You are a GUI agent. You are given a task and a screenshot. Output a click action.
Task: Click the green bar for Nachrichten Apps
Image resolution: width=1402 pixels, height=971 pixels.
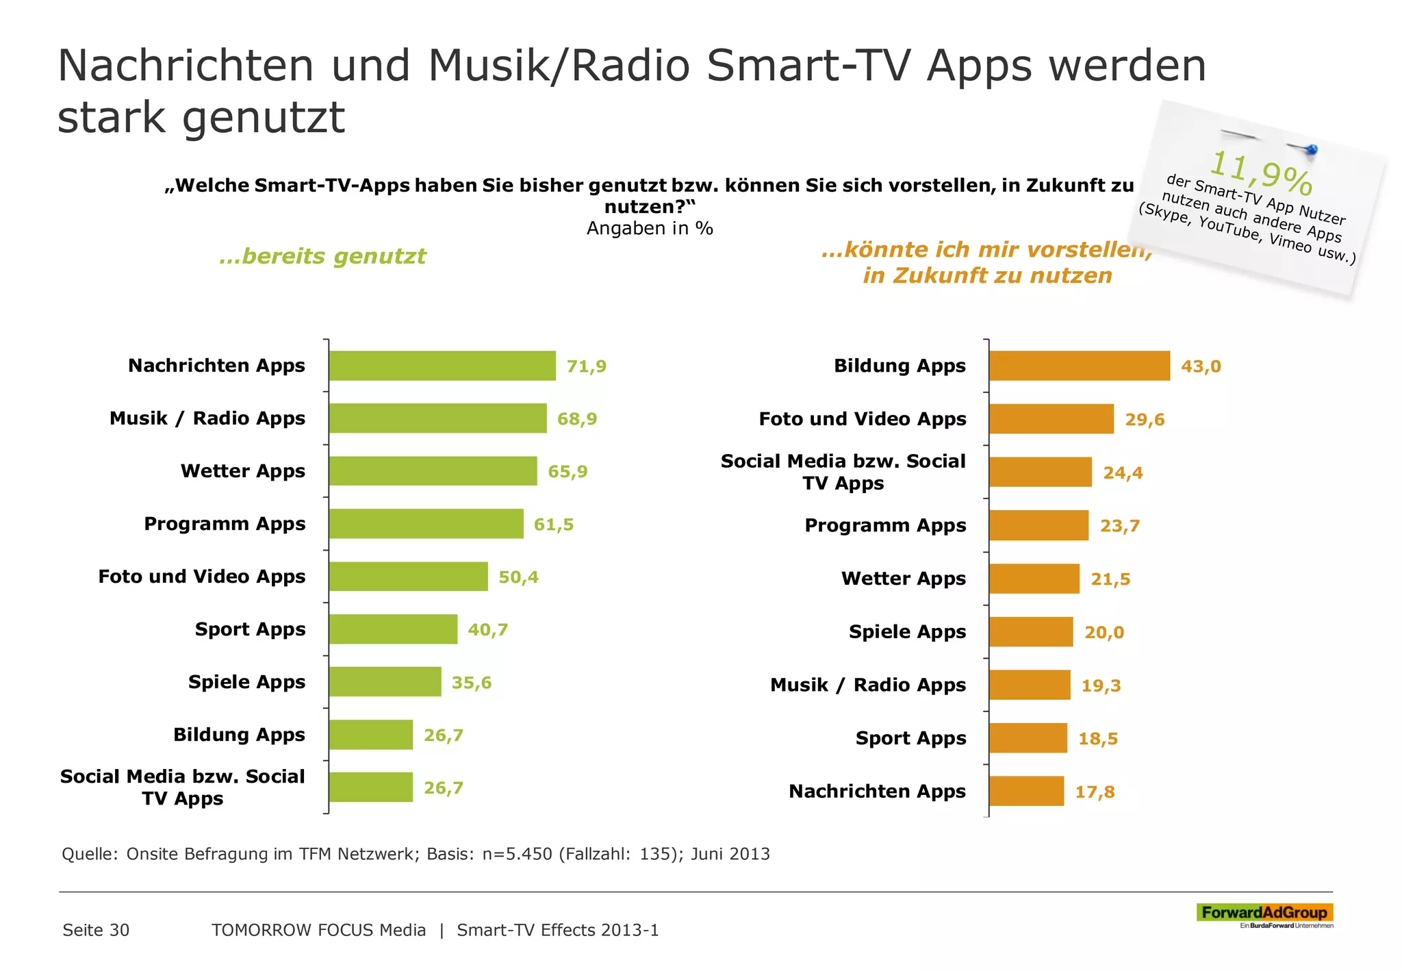tap(442, 366)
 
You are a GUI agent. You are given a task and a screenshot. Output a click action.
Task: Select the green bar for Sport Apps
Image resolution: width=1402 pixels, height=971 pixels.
tap(393, 629)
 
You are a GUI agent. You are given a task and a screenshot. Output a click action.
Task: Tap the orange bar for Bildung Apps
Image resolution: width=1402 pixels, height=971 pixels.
tap(1080, 366)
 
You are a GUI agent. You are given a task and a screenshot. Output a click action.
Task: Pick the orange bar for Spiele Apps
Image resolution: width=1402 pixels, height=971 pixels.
tap(1031, 632)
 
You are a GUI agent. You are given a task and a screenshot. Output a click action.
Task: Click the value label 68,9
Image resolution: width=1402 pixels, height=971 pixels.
tap(577, 419)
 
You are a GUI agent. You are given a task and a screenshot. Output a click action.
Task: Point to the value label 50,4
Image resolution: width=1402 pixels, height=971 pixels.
tap(518, 577)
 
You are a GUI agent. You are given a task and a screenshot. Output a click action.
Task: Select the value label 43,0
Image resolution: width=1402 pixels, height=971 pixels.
tap(1201, 366)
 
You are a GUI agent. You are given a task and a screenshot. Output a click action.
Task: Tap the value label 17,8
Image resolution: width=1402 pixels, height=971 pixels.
tap(1095, 792)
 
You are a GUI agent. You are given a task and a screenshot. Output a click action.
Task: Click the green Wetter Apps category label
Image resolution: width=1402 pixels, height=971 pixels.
tap(243, 471)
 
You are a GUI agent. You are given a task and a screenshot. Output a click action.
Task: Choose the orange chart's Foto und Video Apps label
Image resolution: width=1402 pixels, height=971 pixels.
tap(863, 419)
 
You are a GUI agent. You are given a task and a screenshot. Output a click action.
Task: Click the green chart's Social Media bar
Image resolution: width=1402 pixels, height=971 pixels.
tap(370, 787)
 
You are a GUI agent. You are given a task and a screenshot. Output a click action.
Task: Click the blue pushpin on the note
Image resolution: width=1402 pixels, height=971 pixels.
tap(1311, 149)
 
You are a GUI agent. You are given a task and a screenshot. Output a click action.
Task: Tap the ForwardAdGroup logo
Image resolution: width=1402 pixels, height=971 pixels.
tap(1264, 913)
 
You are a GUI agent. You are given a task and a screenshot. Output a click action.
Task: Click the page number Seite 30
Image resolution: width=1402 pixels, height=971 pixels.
tap(96, 930)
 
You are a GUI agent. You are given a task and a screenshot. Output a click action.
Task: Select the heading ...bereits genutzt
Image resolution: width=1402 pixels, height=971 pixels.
tap(322, 256)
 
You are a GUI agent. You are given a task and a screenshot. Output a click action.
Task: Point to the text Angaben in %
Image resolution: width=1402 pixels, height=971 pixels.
tap(650, 229)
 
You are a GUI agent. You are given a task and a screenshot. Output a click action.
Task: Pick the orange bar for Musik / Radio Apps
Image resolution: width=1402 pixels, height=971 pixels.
tap(1030, 685)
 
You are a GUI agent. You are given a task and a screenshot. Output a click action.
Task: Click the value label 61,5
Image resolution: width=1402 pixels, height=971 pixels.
tap(554, 525)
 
